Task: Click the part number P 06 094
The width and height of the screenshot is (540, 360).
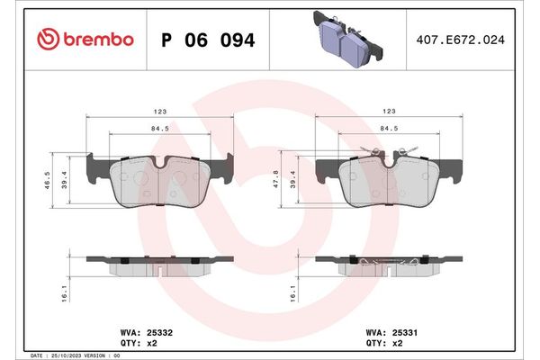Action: [206, 40]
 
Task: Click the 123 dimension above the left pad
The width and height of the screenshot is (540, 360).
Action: [159, 112]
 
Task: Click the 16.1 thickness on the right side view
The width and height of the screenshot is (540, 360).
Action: [293, 293]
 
